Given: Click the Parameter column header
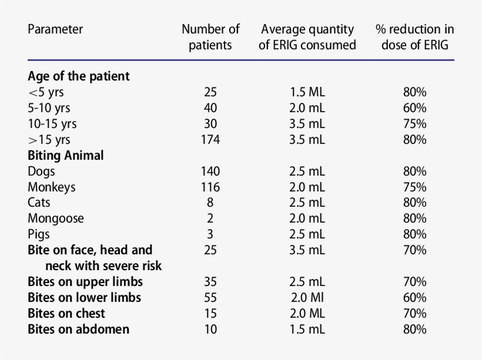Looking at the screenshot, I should tap(55, 29).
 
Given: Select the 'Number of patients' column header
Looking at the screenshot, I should tap(210, 37).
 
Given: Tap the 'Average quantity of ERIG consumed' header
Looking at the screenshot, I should tap(307, 37).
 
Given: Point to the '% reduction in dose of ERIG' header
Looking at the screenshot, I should tap(414, 37).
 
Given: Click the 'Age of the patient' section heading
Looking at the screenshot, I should tap(79, 76).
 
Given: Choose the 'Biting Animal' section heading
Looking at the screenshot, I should tap(66, 156).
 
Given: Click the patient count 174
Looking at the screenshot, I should tap(210, 140).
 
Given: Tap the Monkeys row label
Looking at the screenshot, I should tap(52, 187).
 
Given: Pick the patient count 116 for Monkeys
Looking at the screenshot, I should tap(210, 187).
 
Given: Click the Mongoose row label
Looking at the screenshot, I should tap(56, 218).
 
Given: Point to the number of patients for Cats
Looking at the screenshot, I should tap(210, 203).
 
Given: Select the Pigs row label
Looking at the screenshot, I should tap(39, 234).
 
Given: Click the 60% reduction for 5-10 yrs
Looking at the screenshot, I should tap(414, 108).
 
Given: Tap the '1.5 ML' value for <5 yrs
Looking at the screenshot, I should tap(307, 92).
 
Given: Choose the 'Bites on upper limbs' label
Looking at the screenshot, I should tap(85, 282).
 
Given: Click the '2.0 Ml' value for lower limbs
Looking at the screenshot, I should tap(307, 298).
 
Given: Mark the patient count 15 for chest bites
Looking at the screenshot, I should tap(210, 314).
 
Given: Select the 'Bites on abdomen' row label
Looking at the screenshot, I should tap(78, 329).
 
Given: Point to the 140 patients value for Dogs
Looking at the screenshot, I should tap(210, 171).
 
